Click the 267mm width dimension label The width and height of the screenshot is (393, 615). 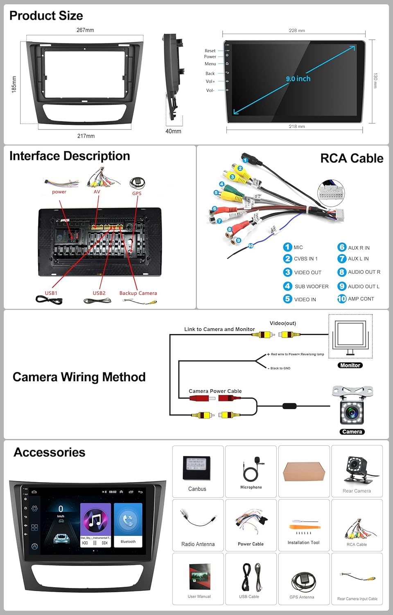(x=85, y=30)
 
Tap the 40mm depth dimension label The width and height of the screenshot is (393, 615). (x=173, y=131)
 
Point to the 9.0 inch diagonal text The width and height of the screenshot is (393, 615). (x=298, y=79)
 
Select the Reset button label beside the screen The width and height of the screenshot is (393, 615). (x=210, y=51)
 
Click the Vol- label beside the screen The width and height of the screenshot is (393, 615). (x=210, y=90)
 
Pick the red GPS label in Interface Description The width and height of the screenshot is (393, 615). (x=137, y=193)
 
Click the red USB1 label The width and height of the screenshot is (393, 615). (x=51, y=293)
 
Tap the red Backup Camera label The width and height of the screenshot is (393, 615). (x=138, y=293)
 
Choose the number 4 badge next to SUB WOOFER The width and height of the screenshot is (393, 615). (x=288, y=286)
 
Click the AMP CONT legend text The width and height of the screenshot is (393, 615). (x=361, y=299)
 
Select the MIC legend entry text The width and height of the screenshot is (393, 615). (x=298, y=247)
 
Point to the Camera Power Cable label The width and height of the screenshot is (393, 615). (x=215, y=391)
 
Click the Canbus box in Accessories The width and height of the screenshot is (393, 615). (x=196, y=468)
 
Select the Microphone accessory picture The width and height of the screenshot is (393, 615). (x=251, y=469)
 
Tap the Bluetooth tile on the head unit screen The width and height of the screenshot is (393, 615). (x=128, y=525)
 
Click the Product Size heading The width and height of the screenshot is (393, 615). (x=46, y=16)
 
